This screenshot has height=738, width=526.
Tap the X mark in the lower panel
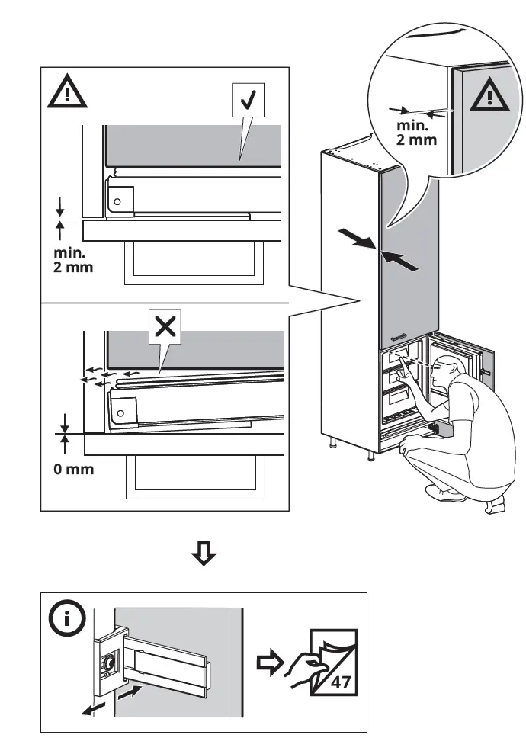pyautogui.click(x=165, y=328)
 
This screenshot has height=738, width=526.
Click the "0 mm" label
pyautogui.click(x=74, y=469)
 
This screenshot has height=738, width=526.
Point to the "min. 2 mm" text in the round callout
pyautogui.click(x=416, y=131)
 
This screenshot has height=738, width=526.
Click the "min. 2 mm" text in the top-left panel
pyautogui.click(x=74, y=259)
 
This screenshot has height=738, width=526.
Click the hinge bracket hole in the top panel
pyautogui.click(x=117, y=201)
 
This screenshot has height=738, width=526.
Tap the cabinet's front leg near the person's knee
pyautogui.click(x=371, y=454)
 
